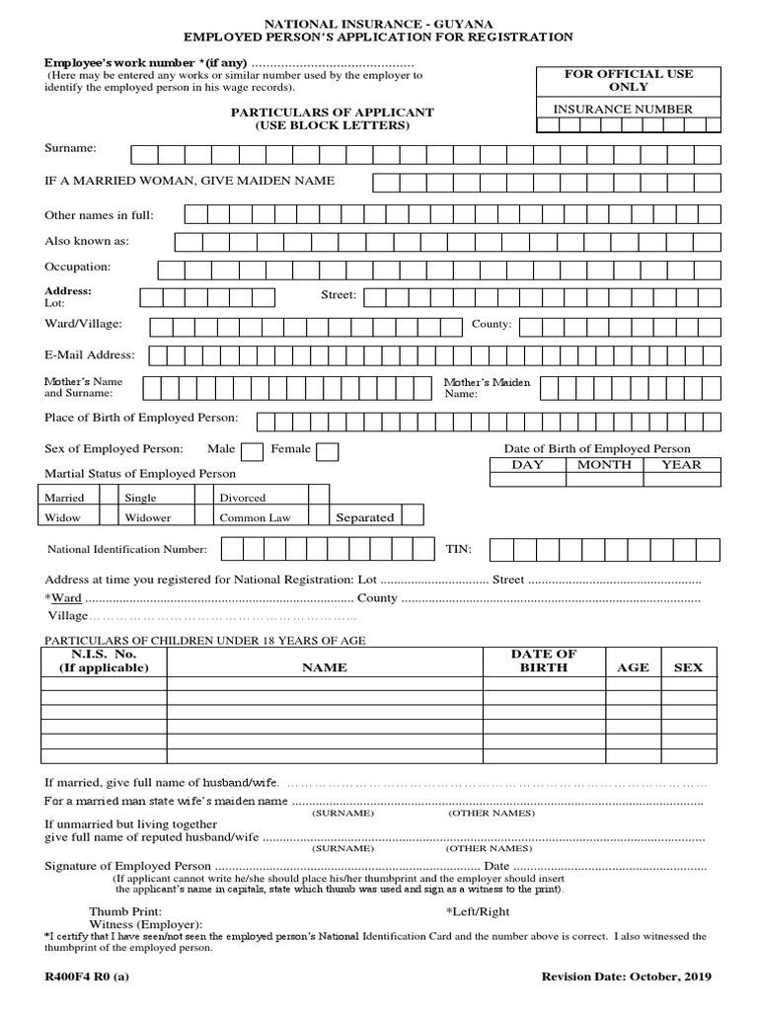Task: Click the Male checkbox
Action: point(253,451)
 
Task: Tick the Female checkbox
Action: point(328,451)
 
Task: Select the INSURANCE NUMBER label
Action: point(622,109)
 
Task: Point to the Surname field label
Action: point(70,147)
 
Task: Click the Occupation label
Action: point(78,267)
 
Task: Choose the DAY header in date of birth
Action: point(527,465)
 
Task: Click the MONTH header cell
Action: point(604,465)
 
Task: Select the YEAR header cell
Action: point(681,465)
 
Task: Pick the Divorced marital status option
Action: point(243,499)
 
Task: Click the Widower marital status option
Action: point(148,517)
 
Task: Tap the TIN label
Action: point(459,548)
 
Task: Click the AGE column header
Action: point(633,667)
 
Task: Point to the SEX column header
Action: point(688,667)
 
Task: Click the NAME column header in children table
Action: point(325,667)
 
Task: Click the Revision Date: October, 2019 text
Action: point(626,976)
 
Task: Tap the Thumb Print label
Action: point(125,911)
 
